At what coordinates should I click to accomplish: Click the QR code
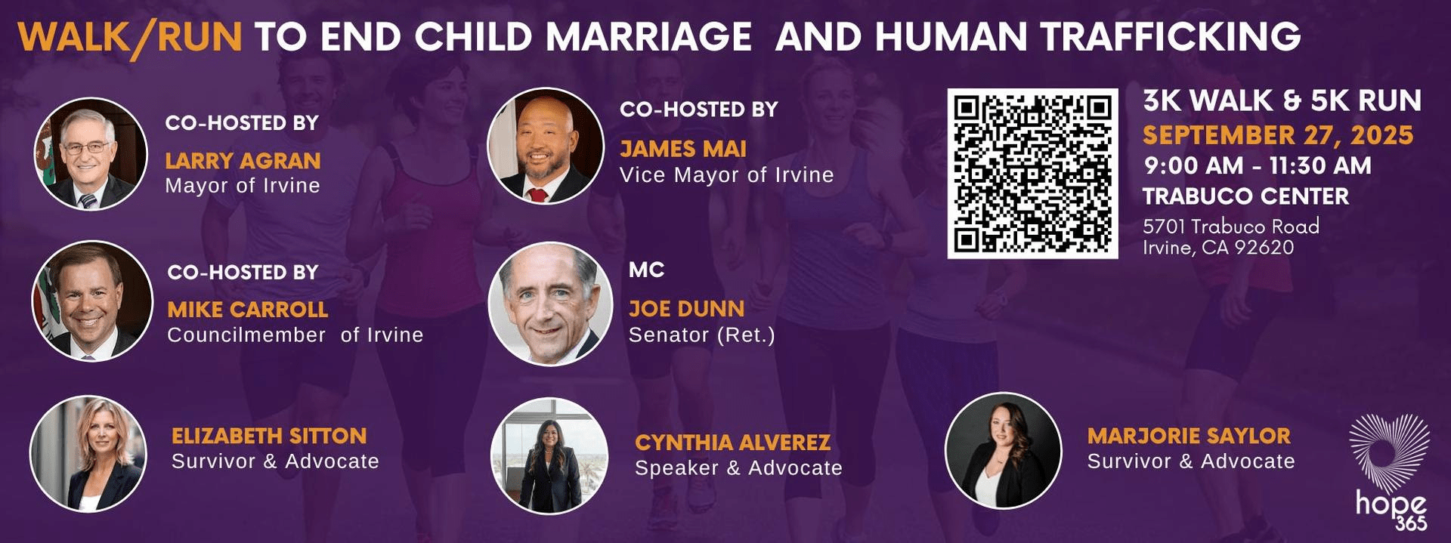coord(1032,174)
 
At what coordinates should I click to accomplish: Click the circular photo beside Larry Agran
coord(91,154)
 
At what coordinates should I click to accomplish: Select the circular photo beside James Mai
coord(546,146)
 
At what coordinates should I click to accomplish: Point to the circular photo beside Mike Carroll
coord(92,301)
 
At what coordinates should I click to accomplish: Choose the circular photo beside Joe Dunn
coord(550,304)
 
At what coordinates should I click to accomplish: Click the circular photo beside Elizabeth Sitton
coord(88,454)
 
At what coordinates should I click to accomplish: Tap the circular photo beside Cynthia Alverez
coord(549,456)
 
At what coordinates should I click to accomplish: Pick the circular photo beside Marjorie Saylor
coord(1004,451)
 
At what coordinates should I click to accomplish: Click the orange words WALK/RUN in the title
coord(130,38)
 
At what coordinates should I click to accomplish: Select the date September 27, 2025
coord(1278,135)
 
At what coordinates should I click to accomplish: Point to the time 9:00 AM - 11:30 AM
coord(1258,165)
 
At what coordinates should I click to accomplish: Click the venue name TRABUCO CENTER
coord(1245,196)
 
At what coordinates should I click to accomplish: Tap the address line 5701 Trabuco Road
coord(1231,226)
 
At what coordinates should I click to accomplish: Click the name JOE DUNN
coord(686,309)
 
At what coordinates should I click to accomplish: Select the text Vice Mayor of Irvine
coord(727,175)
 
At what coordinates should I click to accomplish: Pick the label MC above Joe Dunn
coord(646,270)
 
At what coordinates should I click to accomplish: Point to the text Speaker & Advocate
coord(738,468)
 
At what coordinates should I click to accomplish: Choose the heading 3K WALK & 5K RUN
coord(1282,100)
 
